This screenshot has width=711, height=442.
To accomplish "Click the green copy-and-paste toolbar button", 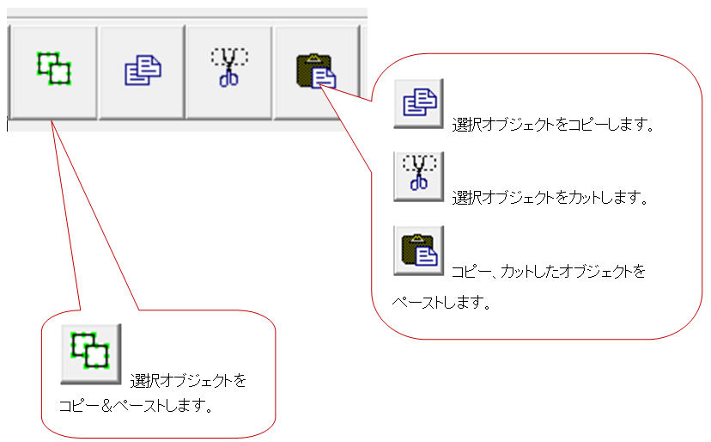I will coord(53,69).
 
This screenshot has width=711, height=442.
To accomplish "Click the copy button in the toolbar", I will coord(142,69).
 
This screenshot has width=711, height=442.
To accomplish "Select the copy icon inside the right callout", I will coord(418,102).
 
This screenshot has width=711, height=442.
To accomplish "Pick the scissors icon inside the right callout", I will coord(418,176).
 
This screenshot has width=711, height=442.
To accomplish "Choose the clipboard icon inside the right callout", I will coord(418,250).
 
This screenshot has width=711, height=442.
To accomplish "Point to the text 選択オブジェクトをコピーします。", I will coord(554,125).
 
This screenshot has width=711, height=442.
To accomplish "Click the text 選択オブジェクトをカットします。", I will coord(550,198).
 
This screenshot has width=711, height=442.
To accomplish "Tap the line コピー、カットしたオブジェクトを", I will coord(548,272).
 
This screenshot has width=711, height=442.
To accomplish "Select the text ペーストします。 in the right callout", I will coord(441,304).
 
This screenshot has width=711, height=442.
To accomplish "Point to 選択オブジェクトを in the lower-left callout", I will coord(188,379).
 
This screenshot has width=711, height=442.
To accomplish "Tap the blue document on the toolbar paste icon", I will coord(323,77).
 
